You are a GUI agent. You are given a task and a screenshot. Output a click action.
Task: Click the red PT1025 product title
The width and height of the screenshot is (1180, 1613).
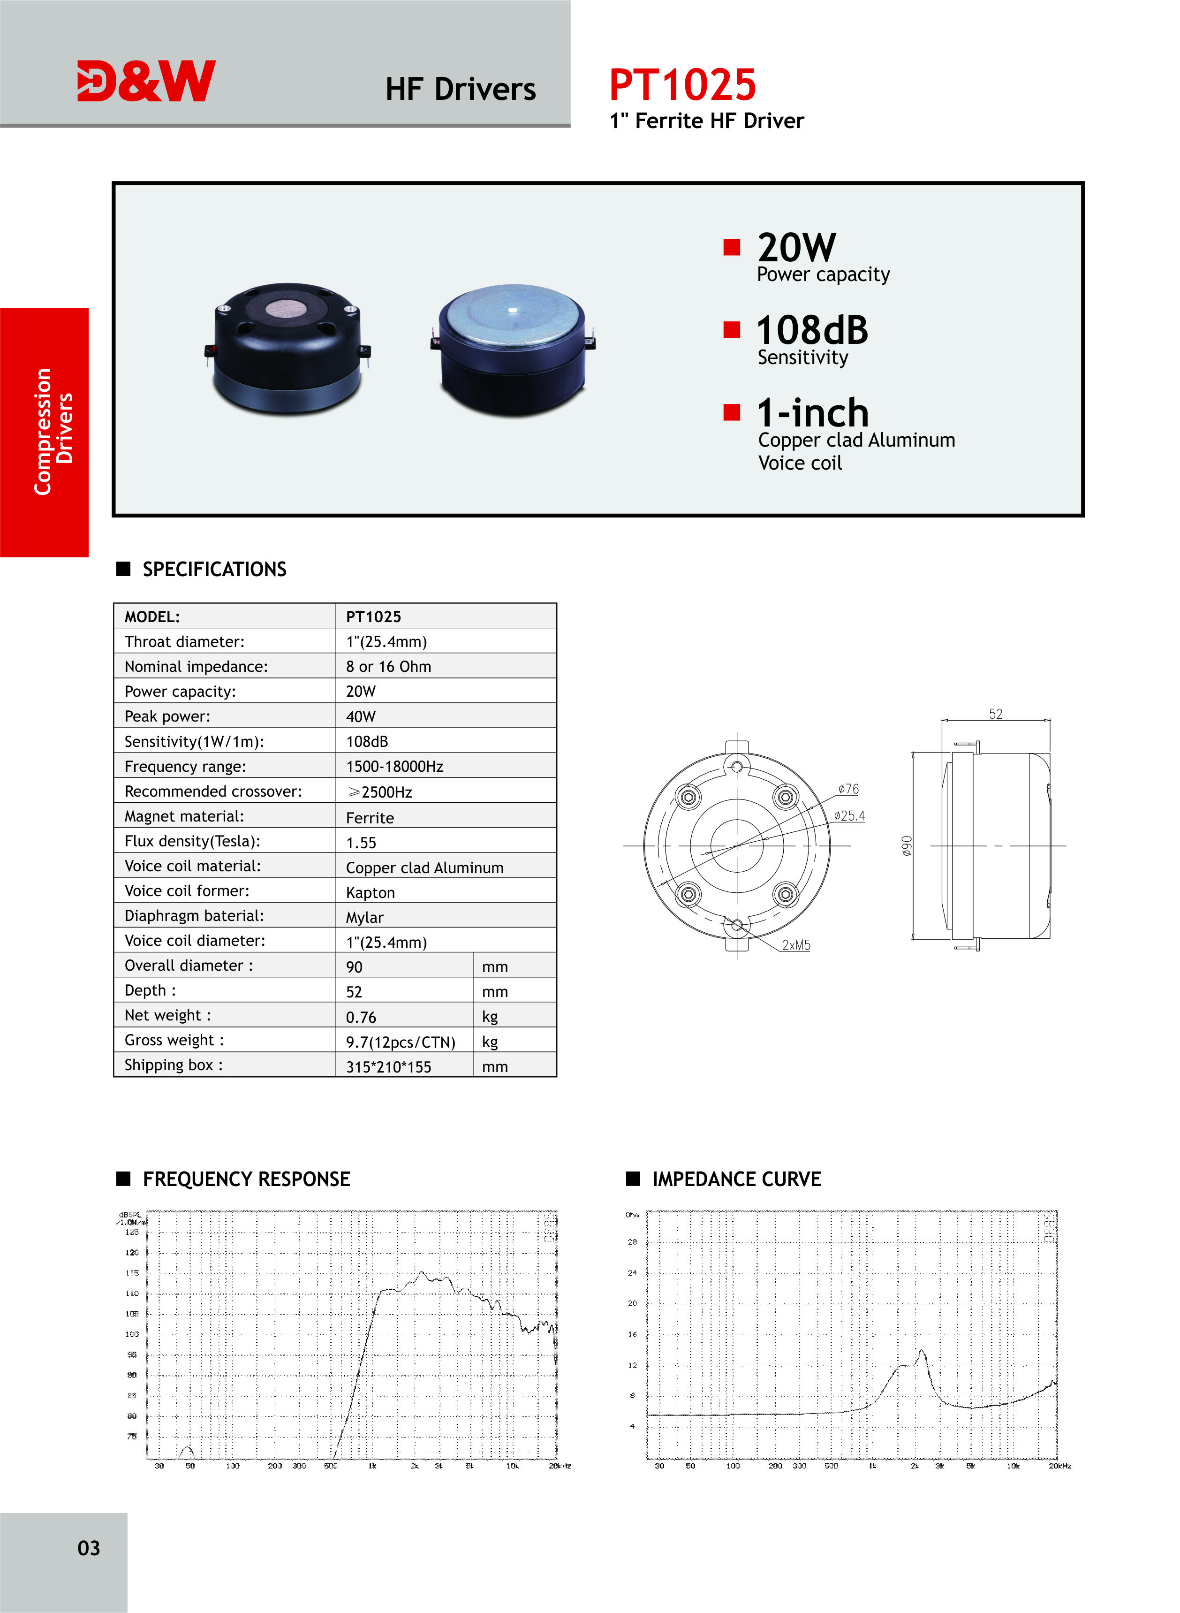682,85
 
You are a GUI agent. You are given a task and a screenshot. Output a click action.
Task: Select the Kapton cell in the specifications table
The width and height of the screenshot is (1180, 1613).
370,893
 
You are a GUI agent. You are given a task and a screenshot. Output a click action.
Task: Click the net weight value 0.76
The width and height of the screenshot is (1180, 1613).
361,1017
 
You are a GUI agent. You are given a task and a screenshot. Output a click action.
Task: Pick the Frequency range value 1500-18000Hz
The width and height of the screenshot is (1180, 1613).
394,767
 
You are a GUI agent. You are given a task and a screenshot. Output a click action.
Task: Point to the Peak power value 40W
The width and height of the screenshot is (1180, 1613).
361,716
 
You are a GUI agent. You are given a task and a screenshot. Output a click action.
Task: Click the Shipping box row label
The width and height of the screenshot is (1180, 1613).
174,1065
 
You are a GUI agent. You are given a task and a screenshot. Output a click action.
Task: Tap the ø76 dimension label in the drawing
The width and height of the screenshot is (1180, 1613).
848,789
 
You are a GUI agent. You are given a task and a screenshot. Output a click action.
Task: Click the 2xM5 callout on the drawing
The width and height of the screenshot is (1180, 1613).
796,945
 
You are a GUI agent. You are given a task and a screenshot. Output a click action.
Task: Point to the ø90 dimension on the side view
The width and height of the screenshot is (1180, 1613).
907,846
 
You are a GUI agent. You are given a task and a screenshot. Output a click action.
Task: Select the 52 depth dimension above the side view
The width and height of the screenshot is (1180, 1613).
995,714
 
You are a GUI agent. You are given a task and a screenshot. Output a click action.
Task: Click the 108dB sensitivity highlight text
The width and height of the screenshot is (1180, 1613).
812,331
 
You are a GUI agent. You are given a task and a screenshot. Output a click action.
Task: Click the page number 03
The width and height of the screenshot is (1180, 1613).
89,1548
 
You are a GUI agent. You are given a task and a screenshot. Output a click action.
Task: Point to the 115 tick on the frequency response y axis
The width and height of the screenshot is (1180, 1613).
132,1273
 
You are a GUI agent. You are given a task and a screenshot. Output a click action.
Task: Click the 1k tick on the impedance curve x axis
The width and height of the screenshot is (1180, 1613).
872,1466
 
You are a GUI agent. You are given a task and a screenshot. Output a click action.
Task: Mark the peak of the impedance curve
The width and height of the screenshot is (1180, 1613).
922,1350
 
